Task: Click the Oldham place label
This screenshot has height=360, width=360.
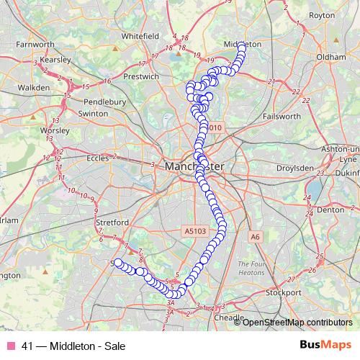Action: [x=330, y=55]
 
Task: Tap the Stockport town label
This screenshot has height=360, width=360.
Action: [x=283, y=293]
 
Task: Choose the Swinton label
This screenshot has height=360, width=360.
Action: [x=92, y=113]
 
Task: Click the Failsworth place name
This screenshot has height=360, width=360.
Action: [x=282, y=116]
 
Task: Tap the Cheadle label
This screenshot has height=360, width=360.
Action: [x=229, y=317]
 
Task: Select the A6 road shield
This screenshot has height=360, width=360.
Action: [x=255, y=235]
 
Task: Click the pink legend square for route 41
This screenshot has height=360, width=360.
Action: [x=11, y=346]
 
